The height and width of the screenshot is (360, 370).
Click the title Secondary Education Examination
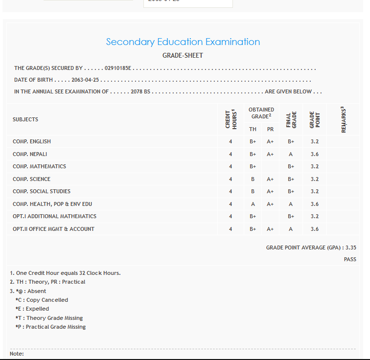point(183,42)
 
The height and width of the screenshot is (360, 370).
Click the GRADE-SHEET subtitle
point(183,55)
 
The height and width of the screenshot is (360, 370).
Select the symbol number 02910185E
point(118,68)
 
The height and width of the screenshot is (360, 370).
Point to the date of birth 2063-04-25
point(85,80)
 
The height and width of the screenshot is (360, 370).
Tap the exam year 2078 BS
point(140,91)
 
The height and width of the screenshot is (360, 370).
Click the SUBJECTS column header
point(25,119)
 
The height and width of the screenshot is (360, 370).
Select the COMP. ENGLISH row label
point(32,141)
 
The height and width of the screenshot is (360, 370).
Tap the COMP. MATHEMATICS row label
point(39,166)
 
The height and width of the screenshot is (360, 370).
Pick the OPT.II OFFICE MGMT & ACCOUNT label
point(54,229)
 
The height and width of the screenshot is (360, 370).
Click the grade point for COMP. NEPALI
point(314,154)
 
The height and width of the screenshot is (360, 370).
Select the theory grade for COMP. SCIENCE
point(253,179)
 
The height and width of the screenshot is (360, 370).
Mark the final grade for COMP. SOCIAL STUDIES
point(291,191)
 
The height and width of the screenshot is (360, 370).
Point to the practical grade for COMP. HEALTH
point(270,204)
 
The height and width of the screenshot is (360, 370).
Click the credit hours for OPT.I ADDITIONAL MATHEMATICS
point(231,216)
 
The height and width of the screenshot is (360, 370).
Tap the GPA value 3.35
point(350,247)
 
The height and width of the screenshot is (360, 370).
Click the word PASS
point(350,259)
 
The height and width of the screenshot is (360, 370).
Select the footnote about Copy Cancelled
point(42,300)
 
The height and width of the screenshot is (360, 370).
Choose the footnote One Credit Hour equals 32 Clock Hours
point(65,273)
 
